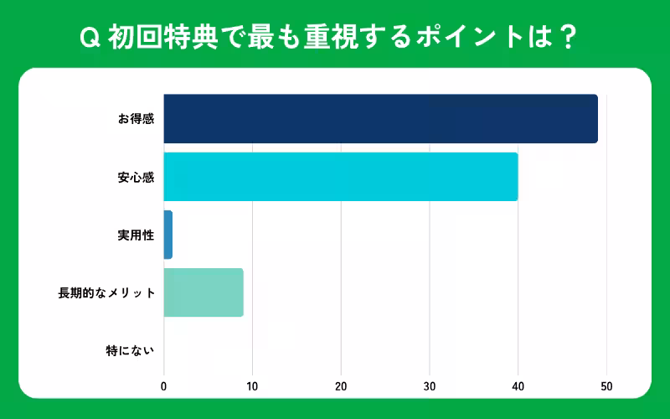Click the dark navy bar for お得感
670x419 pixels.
pyautogui.click(x=380, y=119)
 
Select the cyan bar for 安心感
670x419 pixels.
pyautogui.click(x=340, y=177)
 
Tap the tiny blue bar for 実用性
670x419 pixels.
pyautogui.click(x=168, y=235)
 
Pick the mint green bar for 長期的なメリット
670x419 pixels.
pyautogui.click(x=204, y=292)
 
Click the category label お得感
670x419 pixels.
pyautogui.click(x=136, y=119)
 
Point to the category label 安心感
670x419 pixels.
pyautogui.click(x=136, y=177)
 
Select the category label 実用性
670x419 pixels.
pyautogui.click(x=136, y=235)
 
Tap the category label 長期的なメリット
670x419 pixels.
pyautogui.click(x=106, y=292)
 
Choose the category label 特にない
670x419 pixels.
pyautogui.click(x=130, y=351)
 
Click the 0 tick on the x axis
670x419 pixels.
pyautogui.click(x=164, y=386)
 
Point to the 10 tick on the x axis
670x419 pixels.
pyautogui.click(x=252, y=386)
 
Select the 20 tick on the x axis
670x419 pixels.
pyautogui.click(x=341, y=386)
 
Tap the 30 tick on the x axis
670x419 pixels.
pyautogui.click(x=430, y=386)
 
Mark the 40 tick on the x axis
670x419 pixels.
pyautogui.click(x=518, y=386)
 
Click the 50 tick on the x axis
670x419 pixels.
pyautogui.click(x=606, y=386)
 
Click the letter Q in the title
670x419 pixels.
pyautogui.click(x=86, y=39)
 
